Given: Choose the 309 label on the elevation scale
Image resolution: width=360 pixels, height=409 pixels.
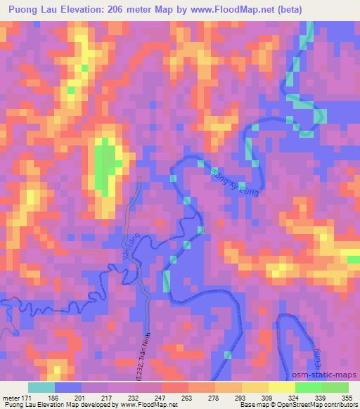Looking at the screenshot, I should coord(268,398).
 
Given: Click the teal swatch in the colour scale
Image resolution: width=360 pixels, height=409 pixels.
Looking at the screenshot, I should coord(41,387).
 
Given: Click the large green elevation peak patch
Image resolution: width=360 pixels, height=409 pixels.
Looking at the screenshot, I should coord(105,166).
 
